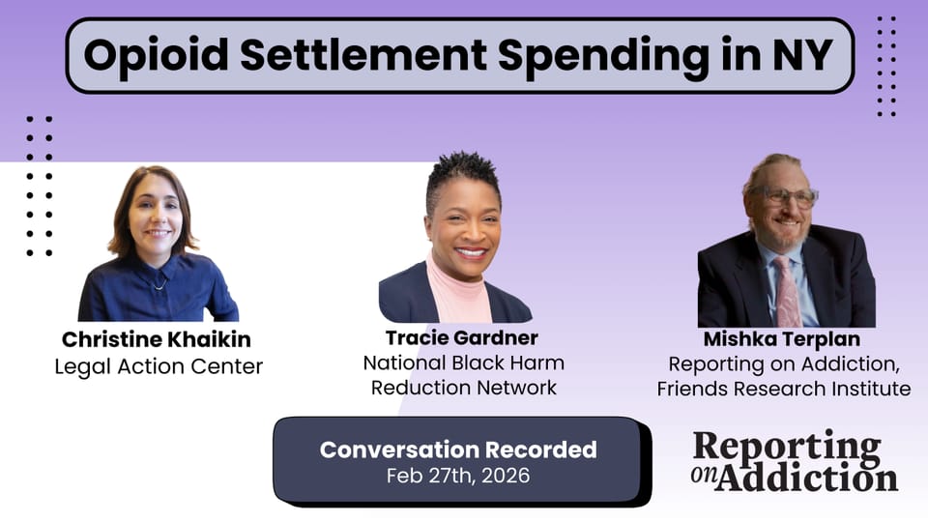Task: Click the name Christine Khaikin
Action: pos(157,340)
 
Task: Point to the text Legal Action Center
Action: pos(157,366)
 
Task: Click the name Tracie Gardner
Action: pos(462,337)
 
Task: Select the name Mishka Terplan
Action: pos(783,339)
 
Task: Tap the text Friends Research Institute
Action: pos(783,390)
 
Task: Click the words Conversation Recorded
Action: pos(458,449)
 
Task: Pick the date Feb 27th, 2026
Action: pos(458,475)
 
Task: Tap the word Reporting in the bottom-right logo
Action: pos(787,445)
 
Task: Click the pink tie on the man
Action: pos(787,290)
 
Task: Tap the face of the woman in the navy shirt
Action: pos(155,218)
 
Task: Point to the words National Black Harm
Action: pos(464,363)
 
